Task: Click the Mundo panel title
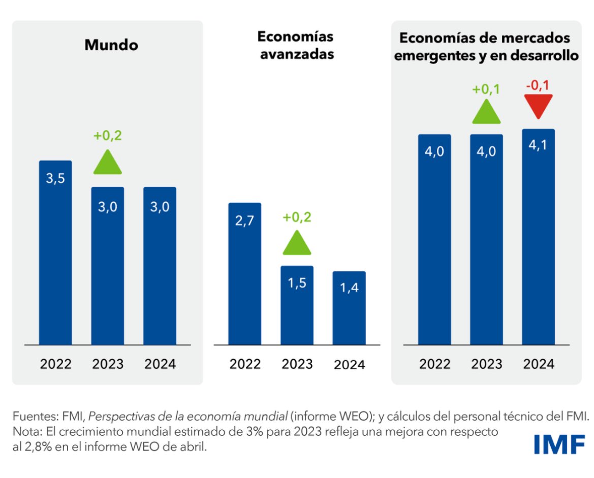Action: [x=111, y=45]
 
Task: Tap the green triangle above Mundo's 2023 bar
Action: [x=107, y=163]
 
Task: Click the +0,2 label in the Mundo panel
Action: [x=107, y=136]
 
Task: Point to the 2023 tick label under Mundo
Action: [x=107, y=364]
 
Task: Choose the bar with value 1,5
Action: [x=297, y=305]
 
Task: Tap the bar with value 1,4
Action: [x=349, y=308]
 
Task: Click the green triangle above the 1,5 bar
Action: [x=297, y=243]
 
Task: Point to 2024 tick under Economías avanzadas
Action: [x=349, y=364]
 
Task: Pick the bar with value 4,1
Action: [x=538, y=237]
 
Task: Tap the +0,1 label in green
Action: [x=486, y=89]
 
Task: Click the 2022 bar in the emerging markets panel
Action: [x=434, y=239]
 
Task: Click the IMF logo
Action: [x=559, y=444]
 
